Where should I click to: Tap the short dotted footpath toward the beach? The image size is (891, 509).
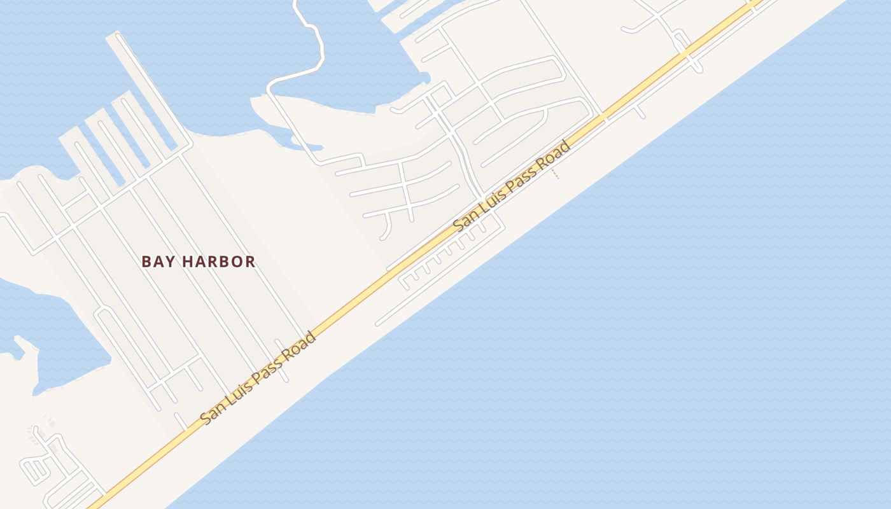tap(556, 174)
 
